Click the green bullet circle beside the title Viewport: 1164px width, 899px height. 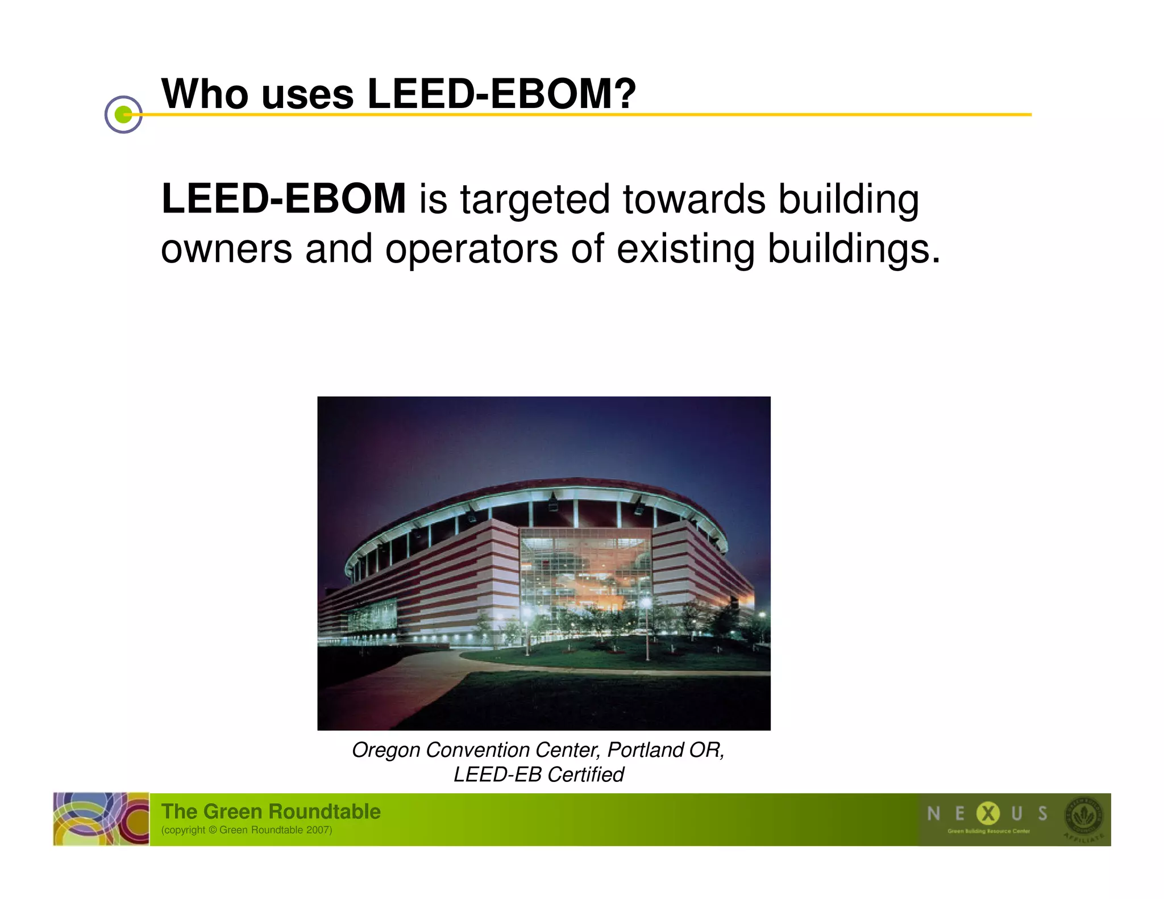tap(123, 115)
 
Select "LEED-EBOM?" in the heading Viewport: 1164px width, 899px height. tap(502, 94)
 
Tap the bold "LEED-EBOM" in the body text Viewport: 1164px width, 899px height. tap(284, 199)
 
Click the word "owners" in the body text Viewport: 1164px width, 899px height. tap(226, 249)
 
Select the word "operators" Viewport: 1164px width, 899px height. tap(472, 249)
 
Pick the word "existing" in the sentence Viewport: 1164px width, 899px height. tap(685, 249)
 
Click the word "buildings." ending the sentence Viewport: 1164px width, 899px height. tap(854, 249)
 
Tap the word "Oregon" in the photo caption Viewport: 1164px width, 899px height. tap(386, 750)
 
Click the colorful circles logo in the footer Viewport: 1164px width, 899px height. tap(101, 819)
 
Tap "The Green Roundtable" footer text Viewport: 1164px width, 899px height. tap(271, 811)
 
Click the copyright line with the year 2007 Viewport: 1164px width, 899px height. tap(247, 830)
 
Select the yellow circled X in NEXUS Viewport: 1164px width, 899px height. tap(988, 814)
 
